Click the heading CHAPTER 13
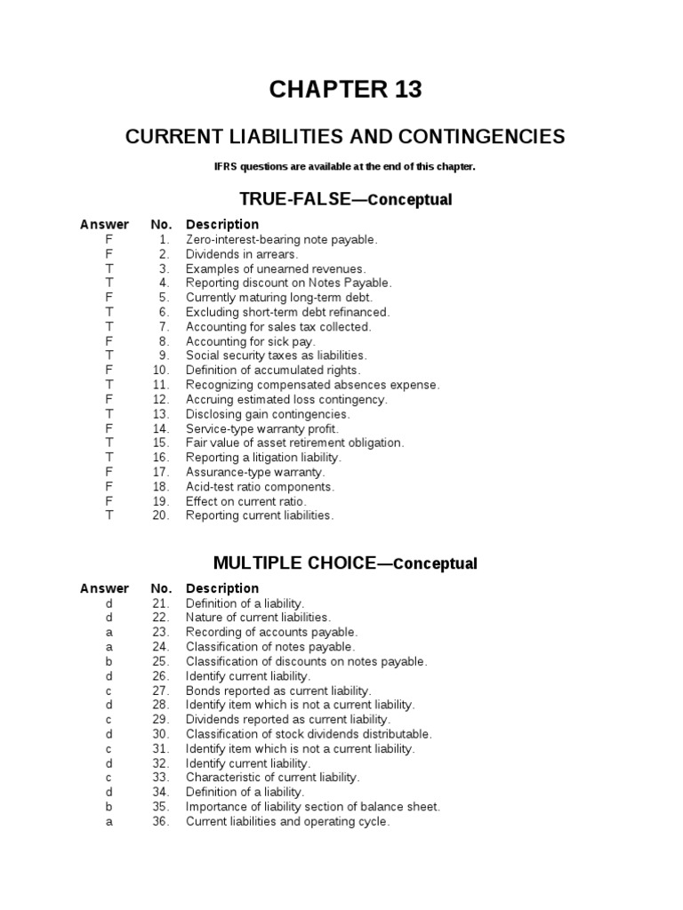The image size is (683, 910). click(345, 90)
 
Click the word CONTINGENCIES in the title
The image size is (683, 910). click(481, 137)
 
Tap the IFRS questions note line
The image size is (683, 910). click(345, 166)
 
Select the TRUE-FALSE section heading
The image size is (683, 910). click(345, 200)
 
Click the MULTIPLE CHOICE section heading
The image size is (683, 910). click(345, 563)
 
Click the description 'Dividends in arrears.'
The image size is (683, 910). click(242, 254)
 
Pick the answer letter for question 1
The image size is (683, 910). click(108, 239)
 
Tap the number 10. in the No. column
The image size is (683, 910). click(160, 370)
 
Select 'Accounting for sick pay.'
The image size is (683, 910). click(251, 341)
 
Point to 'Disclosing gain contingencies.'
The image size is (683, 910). click(268, 414)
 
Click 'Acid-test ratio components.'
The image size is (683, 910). click(260, 487)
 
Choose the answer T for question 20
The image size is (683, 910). click(108, 515)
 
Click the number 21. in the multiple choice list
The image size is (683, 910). click(160, 603)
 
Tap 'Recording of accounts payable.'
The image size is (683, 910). click(271, 632)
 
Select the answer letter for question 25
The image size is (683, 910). click(108, 661)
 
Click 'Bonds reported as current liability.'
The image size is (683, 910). click(278, 690)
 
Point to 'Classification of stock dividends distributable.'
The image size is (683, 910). click(309, 734)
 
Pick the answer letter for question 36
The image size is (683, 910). click(108, 822)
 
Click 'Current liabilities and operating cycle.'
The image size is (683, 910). click(287, 822)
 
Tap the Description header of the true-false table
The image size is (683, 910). click(222, 224)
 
